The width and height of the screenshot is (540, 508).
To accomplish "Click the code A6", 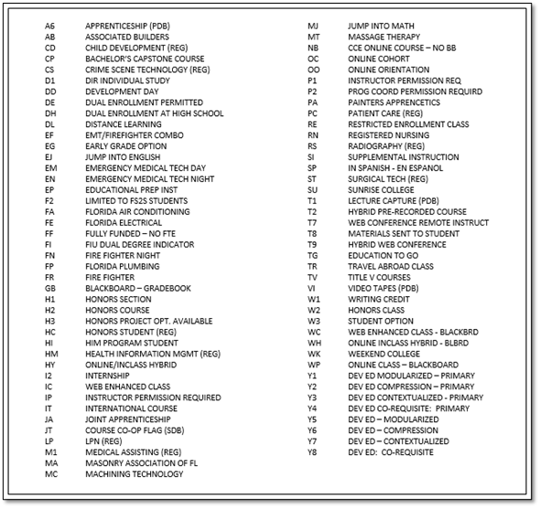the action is click(x=49, y=26).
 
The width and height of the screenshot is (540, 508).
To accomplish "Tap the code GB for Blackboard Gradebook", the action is click(x=49, y=288).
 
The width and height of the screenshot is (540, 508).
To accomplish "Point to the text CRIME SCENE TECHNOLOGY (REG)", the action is click(x=146, y=69).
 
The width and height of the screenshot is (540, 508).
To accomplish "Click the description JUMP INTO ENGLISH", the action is click(x=122, y=157).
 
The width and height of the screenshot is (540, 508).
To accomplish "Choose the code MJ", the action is click(x=313, y=26).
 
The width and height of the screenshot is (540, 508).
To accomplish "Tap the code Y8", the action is click(x=313, y=452).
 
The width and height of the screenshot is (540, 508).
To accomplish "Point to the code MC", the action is click(x=50, y=473).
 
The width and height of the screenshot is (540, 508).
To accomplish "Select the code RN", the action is click(x=313, y=135).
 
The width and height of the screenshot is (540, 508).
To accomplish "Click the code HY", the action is click(x=50, y=365).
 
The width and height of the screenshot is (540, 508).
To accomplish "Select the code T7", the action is click(x=313, y=222).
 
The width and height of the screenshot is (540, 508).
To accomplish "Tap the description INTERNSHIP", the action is click(x=108, y=376).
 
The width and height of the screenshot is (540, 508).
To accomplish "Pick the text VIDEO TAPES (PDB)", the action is click(x=384, y=288).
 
